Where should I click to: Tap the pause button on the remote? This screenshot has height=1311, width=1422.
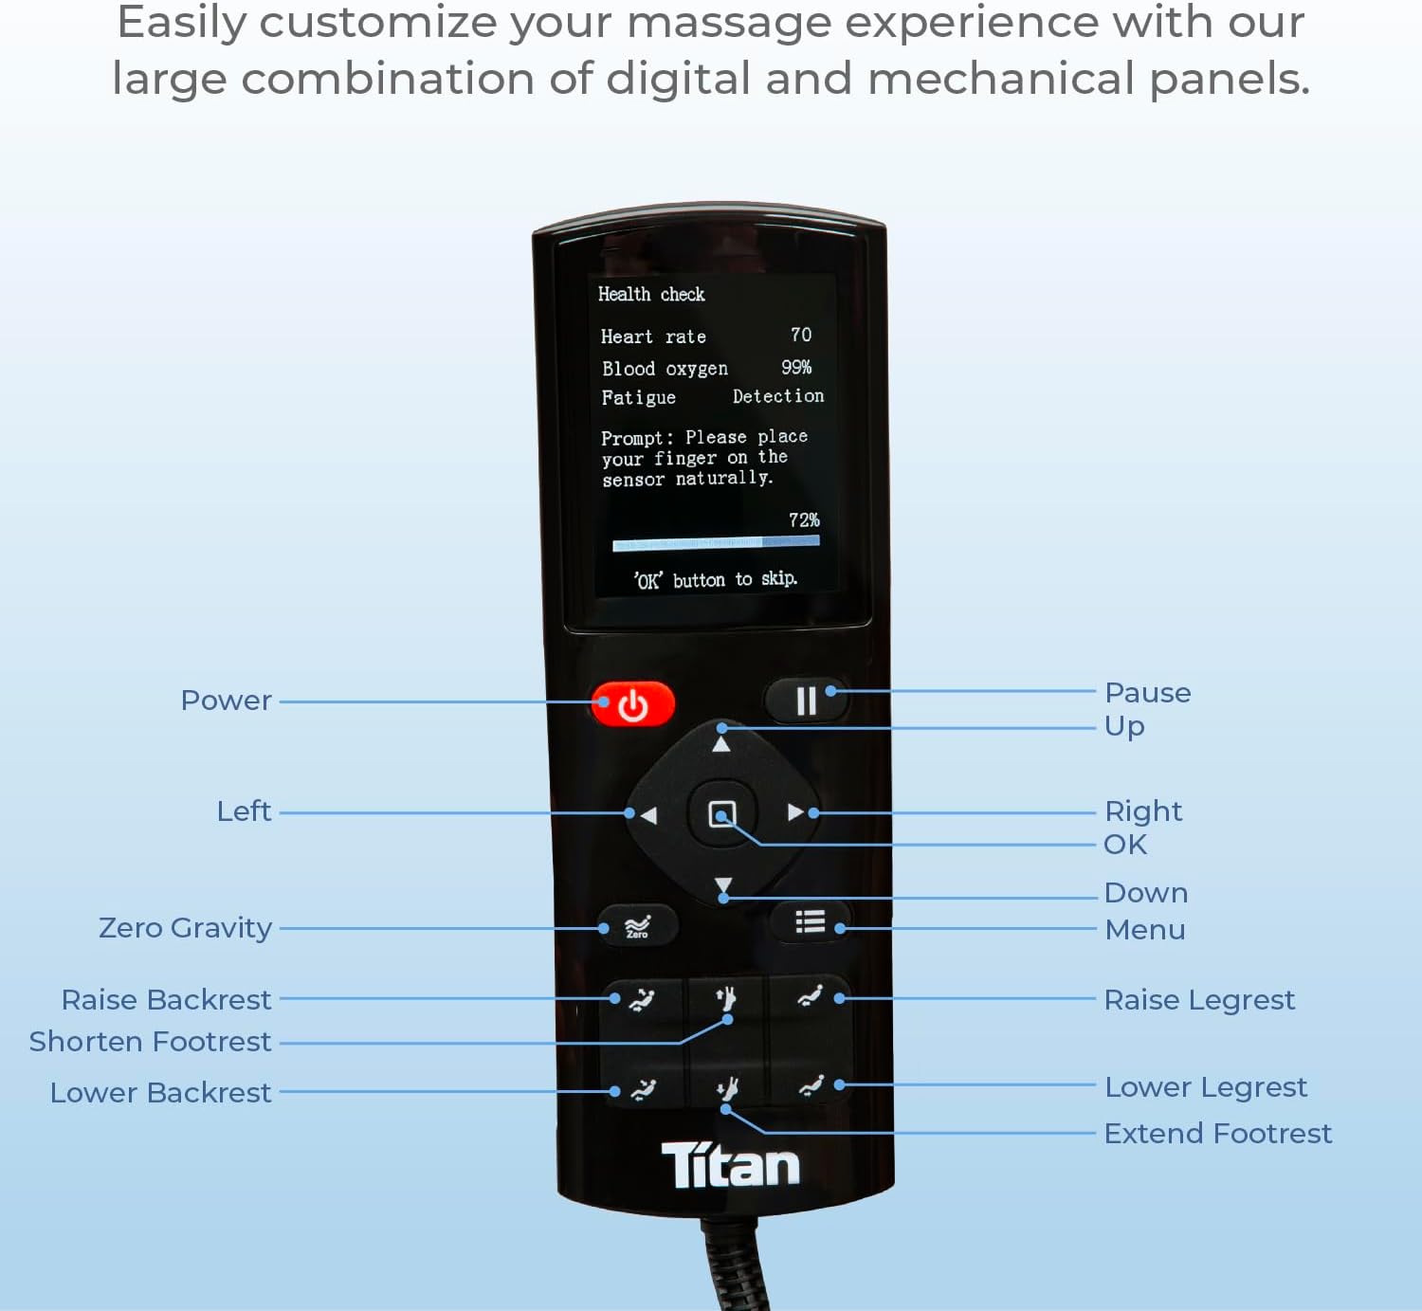pos(805,701)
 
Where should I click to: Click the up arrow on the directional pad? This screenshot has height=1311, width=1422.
pos(721,744)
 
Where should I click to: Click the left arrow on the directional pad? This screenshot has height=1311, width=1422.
pos(648,814)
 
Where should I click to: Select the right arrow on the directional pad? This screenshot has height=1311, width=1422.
pos(794,812)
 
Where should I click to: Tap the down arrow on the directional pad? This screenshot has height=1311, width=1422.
pos(723,885)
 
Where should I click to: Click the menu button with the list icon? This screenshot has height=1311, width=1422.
pos(810,921)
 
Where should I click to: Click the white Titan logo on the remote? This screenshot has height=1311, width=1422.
pos(730,1165)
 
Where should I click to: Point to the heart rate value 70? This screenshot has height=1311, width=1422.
pos(801,335)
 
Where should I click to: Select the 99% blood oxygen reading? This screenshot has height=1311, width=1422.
pos(796,367)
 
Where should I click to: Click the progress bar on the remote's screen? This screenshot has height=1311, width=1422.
pos(716,543)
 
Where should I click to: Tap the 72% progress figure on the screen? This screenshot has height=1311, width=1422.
pos(804,519)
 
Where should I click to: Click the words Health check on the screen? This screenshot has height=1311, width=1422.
pos(651,294)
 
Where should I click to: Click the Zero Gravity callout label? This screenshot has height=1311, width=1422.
pos(185,927)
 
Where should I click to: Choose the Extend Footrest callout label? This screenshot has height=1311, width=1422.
pos(1217,1133)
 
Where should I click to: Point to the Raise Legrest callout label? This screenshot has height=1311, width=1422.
pos(1199,999)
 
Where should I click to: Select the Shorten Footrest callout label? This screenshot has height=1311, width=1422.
pos(150,1041)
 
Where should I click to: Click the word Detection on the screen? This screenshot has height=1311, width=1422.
pos(778,396)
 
